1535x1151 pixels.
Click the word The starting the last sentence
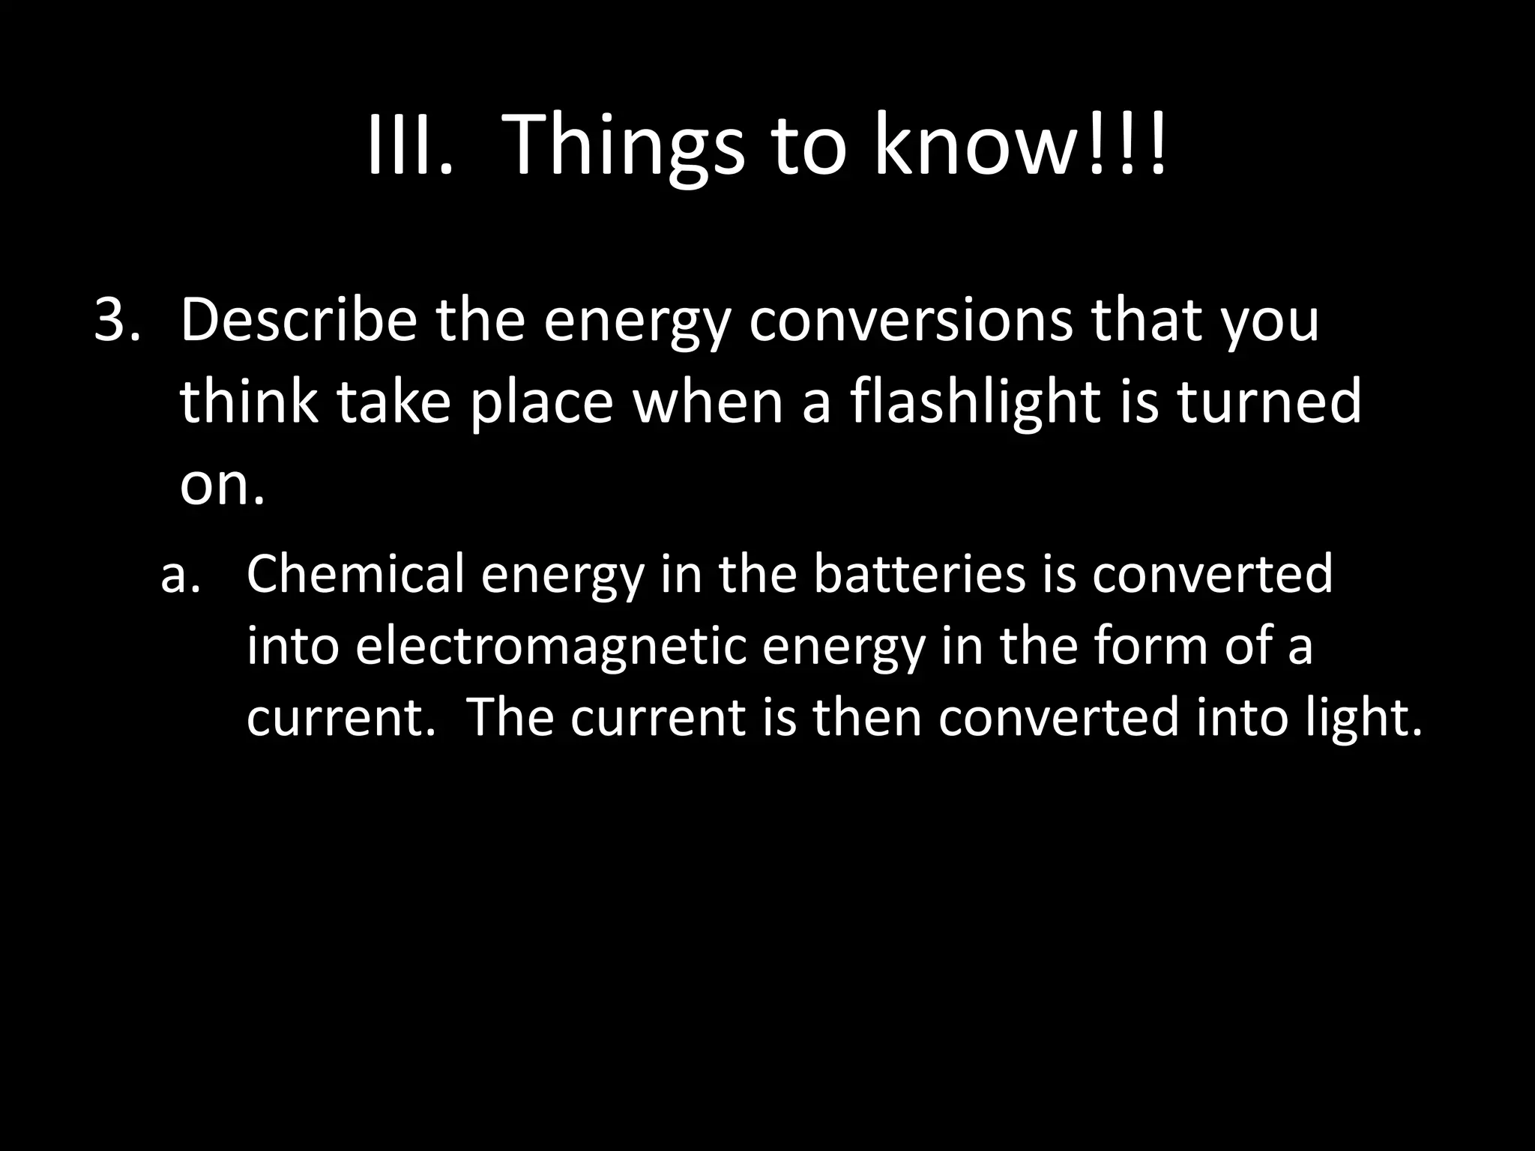pyautogui.click(x=510, y=717)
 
